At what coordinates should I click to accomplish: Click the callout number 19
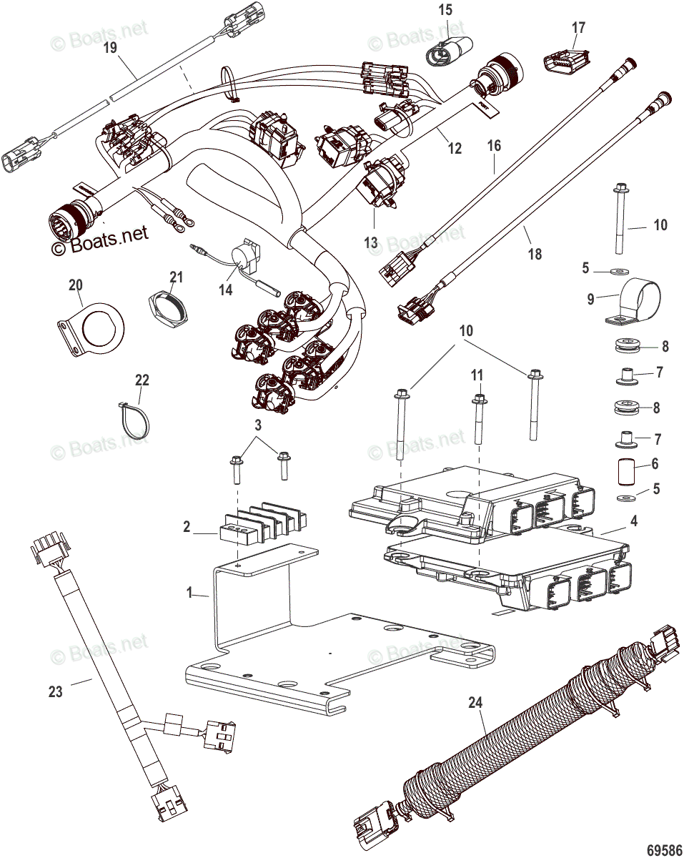pos(109,48)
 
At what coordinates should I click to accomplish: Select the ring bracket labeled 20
pos(90,325)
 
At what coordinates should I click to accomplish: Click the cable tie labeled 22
pos(136,419)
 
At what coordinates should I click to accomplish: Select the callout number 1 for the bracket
pos(190,593)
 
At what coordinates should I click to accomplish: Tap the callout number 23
pos(55,691)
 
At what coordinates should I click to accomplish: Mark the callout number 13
pos(370,243)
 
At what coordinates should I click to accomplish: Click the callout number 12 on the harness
pos(455,148)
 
